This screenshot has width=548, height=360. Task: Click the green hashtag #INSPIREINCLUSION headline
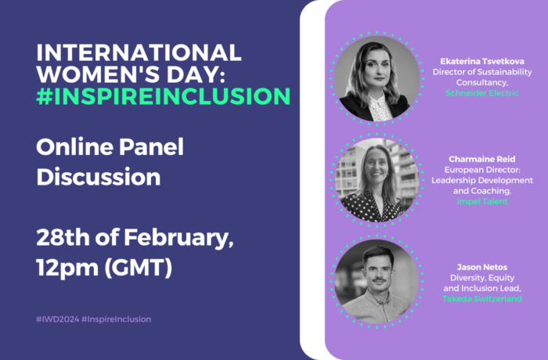point(163,96)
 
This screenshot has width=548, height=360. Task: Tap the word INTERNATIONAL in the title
point(139,52)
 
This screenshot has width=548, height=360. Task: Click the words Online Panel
point(110,147)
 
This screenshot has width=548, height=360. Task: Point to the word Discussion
point(98,177)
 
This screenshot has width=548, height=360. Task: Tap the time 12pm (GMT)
point(104,268)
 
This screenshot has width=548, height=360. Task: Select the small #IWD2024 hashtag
point(57,319)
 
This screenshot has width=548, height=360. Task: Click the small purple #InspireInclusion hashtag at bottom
point(116,319)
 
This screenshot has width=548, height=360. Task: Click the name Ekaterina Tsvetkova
point(482,62)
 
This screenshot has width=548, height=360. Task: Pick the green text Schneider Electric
point(482,93)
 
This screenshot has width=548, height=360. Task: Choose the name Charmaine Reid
point(482,160)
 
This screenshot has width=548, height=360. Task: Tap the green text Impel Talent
point(482,201)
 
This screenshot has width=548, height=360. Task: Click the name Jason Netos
point(482,268)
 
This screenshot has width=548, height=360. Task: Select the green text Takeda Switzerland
point(482,299)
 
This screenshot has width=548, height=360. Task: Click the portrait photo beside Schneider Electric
point(377,78)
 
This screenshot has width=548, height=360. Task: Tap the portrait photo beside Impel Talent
point(377,180)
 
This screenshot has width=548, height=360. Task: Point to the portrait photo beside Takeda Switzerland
point(377,282)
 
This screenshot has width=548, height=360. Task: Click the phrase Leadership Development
point(482,180)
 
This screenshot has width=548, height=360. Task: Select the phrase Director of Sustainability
point(482,72)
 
